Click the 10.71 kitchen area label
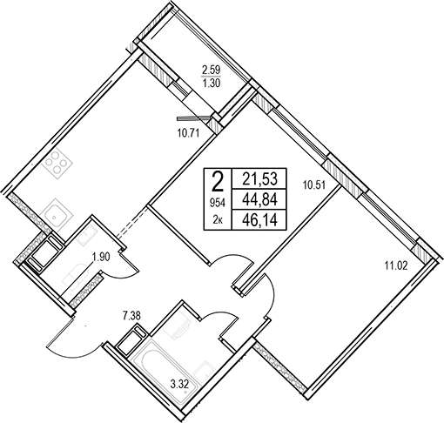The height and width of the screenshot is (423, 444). pos(189,134)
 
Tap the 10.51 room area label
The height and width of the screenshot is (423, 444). pos(315,185)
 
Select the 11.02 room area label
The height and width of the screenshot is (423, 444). pos(396,265)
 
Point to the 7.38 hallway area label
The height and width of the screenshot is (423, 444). pos(131,316)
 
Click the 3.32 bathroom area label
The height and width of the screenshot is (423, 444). pos(179,386)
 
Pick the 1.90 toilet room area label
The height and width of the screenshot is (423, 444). pos(101,257)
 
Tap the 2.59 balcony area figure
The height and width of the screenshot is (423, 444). pos(212,70)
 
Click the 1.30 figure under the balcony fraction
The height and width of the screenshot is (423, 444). pos(212,84)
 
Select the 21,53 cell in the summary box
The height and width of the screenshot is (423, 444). pos(260,178)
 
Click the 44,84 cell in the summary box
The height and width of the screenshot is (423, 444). pos(260,199)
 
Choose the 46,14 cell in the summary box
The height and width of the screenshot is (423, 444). pos(260,219)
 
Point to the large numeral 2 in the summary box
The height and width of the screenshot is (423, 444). pos(218,182)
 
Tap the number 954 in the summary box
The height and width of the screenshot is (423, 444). pos(218,204)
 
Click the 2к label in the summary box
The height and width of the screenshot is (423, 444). pos(218,220)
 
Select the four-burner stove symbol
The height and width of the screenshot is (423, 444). pos(57,162)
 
